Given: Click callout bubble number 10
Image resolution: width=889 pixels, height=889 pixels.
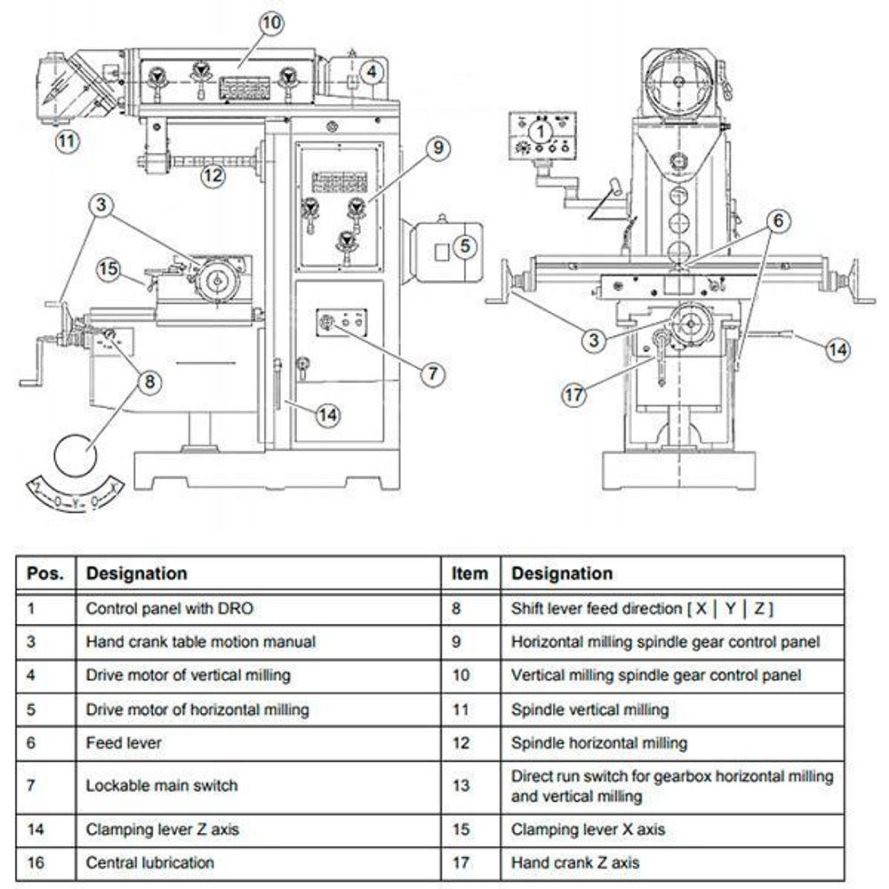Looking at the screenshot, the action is pyautogui.click(x=271, y=23).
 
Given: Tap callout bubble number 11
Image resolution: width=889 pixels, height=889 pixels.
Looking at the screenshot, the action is pyautogui.click(x=68, y=140).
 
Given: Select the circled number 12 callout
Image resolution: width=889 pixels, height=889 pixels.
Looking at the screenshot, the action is pyautogui.click(x=212, y=175).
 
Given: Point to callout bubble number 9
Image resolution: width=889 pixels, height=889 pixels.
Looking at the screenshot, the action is pyautogui.click(x=437, y=148).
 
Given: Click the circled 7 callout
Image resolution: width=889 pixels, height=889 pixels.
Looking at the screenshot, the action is pyautogui.click(x=433, y=373).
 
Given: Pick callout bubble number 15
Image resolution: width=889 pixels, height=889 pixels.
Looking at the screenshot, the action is pyautogui.click(x=108, y=268).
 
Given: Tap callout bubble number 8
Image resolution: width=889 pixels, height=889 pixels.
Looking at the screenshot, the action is pyautogui.click(x=149, y=381).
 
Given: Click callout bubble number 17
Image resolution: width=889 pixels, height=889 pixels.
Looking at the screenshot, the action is pyautogui.click(x=573, y=394).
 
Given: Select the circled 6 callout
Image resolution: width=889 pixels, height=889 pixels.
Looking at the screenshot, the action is pyautogui.click(x=779, y=220).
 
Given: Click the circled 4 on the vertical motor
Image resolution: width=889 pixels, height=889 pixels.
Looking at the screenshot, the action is pyautogui.click(x=372, y=72).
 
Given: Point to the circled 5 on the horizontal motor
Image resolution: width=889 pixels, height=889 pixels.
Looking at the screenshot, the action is pyautogui.click(x=465, y=246).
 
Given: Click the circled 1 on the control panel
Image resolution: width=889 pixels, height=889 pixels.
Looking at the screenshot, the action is pyautogui.click(x=541, y=132).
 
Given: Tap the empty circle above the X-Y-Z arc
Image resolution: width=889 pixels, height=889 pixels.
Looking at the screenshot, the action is pyautogui.click(x=76, y=456).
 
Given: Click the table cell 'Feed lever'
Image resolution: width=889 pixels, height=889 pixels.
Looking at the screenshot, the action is pyautogui.click(x=124, y=742).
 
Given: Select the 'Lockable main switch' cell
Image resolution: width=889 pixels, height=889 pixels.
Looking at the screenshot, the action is pyautogui.click(x=162, y=785).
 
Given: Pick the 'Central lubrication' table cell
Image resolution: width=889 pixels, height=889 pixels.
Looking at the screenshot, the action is pyautogui.click(x=149, y=862).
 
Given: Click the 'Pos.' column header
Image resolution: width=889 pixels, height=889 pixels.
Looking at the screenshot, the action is pyautogui.click(x=45, y=573).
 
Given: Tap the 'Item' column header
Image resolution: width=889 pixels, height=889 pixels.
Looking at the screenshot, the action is pyautogui.click(x=469, y=573).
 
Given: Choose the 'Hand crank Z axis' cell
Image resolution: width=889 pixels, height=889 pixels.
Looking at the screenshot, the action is pyautogui.click(x=575, y=862).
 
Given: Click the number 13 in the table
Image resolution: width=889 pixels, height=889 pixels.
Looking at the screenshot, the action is pyautogui.click(x=461, y=785).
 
